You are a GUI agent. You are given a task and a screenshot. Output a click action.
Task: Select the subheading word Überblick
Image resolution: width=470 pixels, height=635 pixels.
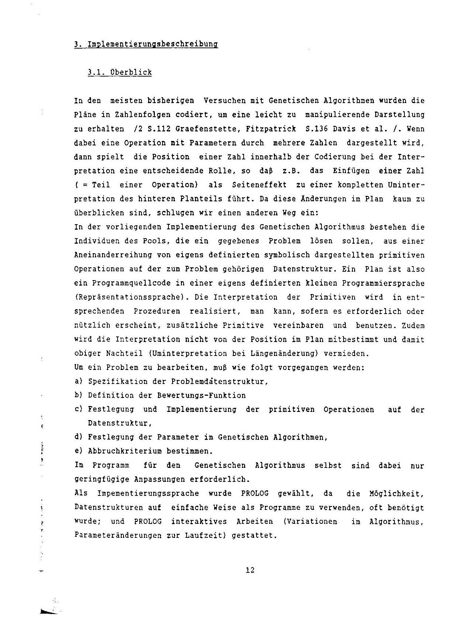(131, 72)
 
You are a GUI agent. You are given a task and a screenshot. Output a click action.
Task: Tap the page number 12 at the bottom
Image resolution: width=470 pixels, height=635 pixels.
(250, 570)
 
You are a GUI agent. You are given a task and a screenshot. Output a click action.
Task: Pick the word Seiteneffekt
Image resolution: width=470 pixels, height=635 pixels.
(259, 185)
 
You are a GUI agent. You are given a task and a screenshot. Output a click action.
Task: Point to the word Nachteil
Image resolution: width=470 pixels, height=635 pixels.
(124, 353)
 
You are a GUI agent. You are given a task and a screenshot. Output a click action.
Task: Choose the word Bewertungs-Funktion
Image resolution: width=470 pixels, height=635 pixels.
(201, 395)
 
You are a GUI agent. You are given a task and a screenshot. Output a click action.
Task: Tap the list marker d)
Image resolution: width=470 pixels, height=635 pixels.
(78, 437)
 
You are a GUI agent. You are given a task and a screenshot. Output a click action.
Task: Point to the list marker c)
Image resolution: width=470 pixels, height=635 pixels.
(78, 409)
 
